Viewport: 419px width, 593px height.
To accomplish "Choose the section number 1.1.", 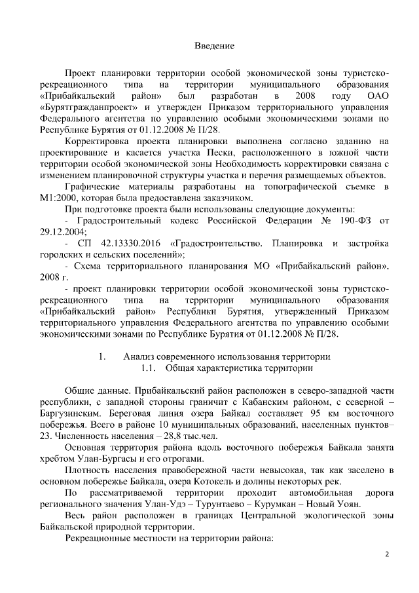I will pos(141,368).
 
